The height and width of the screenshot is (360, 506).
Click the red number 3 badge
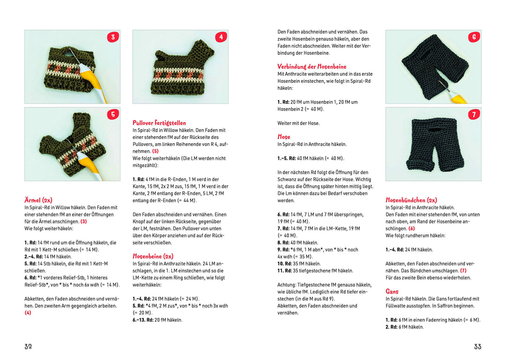(x=112, y=37)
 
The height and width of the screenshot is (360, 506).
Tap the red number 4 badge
(x=221, y=37)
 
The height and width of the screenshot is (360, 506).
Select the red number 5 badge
(x=112, y=114)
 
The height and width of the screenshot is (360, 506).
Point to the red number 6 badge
(x=474, y=37)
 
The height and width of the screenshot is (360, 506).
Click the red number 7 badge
(x=474, y=114)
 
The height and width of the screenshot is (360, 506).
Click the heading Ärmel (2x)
(x=38, y=200)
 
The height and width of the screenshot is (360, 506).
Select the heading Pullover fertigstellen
(x=159, y=123)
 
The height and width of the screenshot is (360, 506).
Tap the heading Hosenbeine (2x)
(x=153, y=256)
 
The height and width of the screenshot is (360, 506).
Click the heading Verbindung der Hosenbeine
(x=312, y=66)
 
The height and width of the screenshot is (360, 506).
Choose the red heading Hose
(x=283, y=137)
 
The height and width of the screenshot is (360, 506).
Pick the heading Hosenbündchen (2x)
(x=411, y=200)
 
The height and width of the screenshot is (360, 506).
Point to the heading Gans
(x=392, y=291)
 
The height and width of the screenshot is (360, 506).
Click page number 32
(x=28, y=346)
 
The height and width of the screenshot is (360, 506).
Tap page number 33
(x=477, y=346)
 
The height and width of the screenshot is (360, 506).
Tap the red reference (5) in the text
(x=155, y=151)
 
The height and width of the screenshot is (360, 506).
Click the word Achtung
(x=286, y=285)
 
